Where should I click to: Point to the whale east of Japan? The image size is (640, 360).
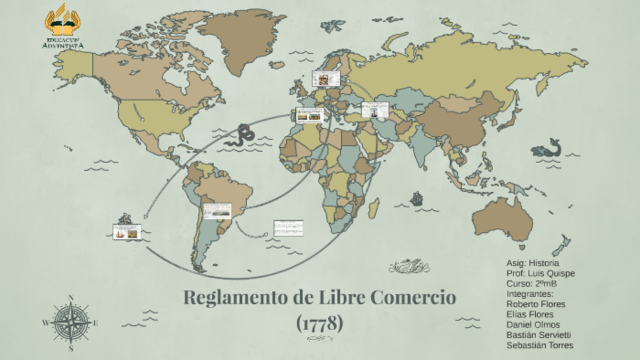(545, 149)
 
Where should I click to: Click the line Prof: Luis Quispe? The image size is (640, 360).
(541, 273)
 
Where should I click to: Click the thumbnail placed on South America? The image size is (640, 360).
(217, 210)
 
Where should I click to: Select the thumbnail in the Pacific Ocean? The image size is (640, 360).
(127, 232)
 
